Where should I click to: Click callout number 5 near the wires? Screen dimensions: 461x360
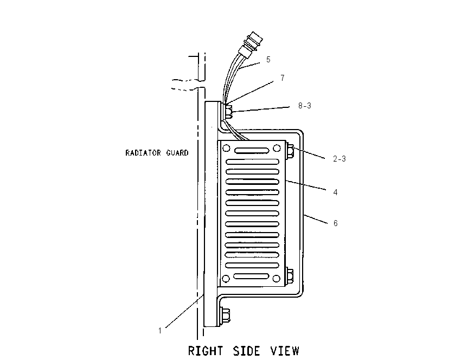268,60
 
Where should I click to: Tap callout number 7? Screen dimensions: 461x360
282,78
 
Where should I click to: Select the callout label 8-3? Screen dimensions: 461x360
305,106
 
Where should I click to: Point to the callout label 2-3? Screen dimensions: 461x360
340,159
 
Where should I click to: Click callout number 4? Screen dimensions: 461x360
336,192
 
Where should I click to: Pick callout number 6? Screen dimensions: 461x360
336,223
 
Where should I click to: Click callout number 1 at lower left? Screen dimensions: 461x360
160,331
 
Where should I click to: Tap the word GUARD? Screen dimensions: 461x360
177,153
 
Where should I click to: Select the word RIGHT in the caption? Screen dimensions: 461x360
206,351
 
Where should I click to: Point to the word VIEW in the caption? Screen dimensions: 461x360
285,351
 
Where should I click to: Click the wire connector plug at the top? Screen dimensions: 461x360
252,44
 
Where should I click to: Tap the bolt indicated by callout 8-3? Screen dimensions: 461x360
229,112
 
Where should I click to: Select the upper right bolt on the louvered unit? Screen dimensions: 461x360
290,151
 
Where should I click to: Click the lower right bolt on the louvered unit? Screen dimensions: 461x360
290,275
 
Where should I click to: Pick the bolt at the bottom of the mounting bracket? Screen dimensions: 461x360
225,316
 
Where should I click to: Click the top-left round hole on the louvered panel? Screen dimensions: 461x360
226,149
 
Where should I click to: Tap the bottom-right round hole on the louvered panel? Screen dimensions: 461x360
277,278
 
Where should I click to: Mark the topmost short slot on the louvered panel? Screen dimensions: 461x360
252,151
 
